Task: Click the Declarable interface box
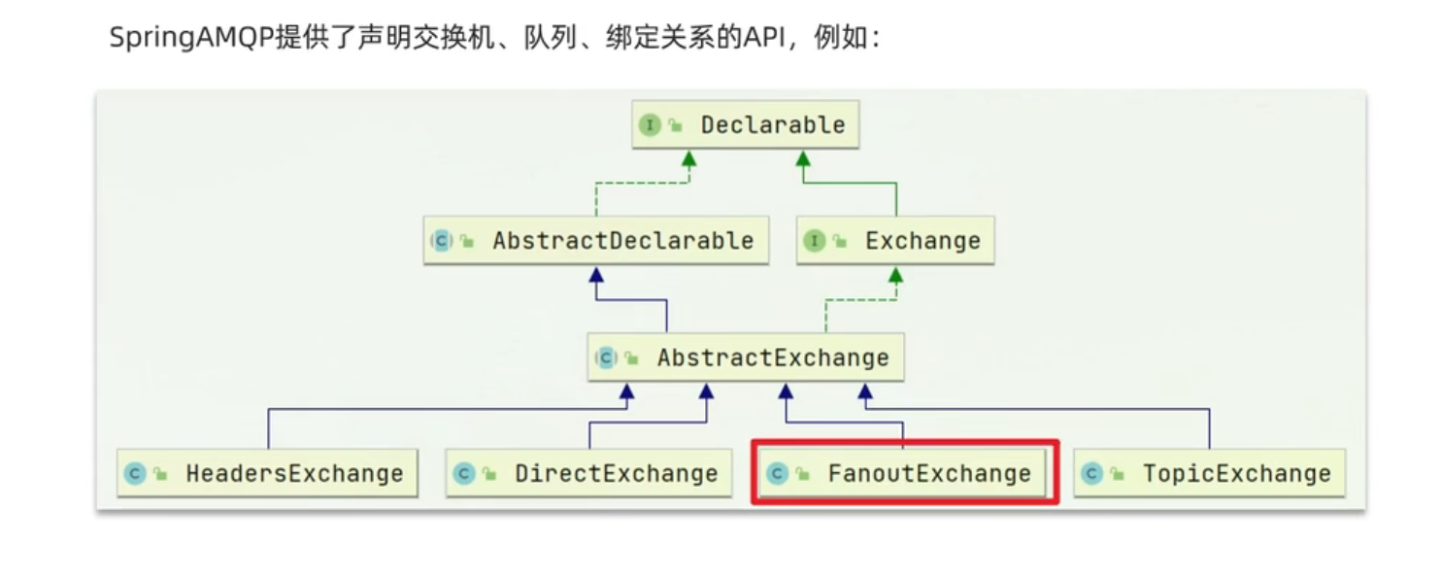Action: pos(745,125)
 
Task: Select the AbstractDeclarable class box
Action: pos(596,241)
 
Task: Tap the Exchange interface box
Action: pos(895,241)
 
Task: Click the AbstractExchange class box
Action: pos(746,357)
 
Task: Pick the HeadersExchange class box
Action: pos(267,474)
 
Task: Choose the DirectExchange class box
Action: pos(588,474)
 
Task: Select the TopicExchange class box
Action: pos(1209,474)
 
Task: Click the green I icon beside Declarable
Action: pos(649,125)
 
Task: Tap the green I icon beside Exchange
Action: pos(814,241)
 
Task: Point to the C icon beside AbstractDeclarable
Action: pos(441,241)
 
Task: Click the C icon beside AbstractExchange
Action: pos(606,357)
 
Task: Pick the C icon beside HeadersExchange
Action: pos(135,474)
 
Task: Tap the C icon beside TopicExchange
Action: pos(1091,474)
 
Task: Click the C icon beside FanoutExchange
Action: pos(776,474)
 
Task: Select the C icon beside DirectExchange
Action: pos(463,474)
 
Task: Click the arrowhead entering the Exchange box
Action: pos(895,276)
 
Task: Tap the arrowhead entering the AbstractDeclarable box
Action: pos(596,276)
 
